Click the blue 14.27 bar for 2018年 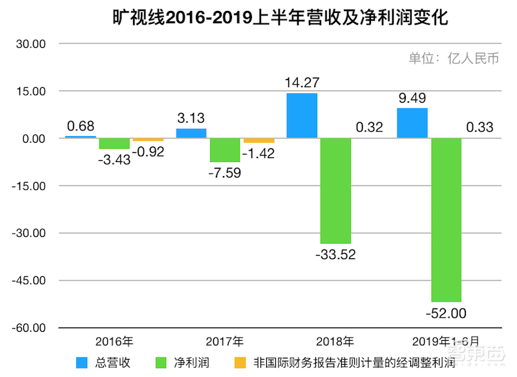point(302,116)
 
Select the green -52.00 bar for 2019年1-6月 point(446,219)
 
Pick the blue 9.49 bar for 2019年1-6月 point(412,123)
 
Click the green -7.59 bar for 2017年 point(225,150)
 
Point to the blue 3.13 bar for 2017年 point(191,133)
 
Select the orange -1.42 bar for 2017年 point(258,140)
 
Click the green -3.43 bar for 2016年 point(114,143)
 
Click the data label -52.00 point(446,314)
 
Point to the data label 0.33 point(479,127)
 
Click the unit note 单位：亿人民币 point(454,59)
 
